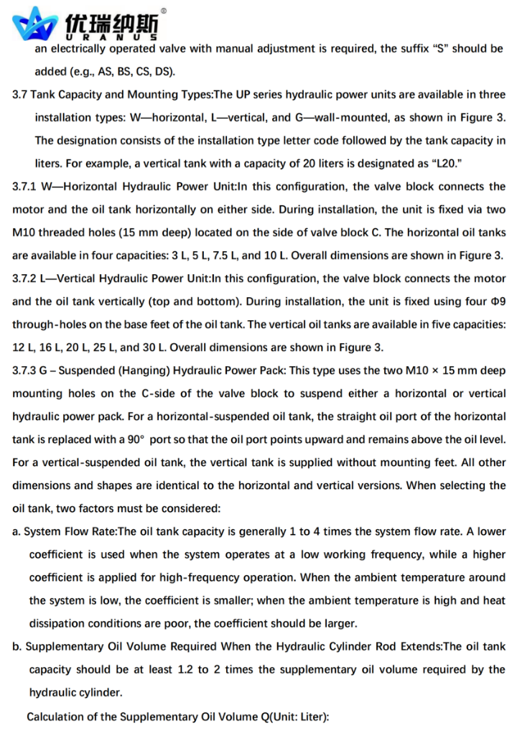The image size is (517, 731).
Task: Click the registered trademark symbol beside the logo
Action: [164, 11]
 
